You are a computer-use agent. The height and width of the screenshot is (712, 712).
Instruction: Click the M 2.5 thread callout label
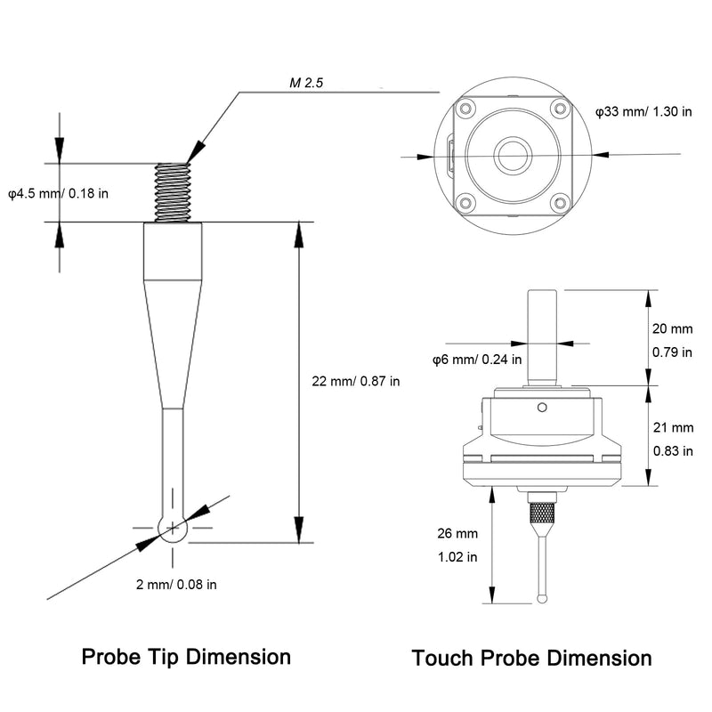point(306,83)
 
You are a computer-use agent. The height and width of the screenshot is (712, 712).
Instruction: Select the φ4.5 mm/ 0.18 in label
point(59,193)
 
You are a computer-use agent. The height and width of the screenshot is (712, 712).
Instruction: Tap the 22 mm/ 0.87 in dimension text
point(355,381)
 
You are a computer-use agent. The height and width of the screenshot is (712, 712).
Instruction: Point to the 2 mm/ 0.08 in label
point(176,584)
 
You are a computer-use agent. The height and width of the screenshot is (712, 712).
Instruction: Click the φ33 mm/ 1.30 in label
point(643,111)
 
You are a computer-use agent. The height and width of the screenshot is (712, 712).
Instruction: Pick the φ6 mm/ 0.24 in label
point(477,360)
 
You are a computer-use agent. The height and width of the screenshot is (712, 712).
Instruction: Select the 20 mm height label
point(673,328)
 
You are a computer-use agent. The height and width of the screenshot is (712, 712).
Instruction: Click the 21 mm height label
point(674,427)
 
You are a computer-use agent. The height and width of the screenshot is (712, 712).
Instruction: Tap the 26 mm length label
point(457,533)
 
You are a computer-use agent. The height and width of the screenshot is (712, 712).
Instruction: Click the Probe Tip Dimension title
point(186,657)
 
